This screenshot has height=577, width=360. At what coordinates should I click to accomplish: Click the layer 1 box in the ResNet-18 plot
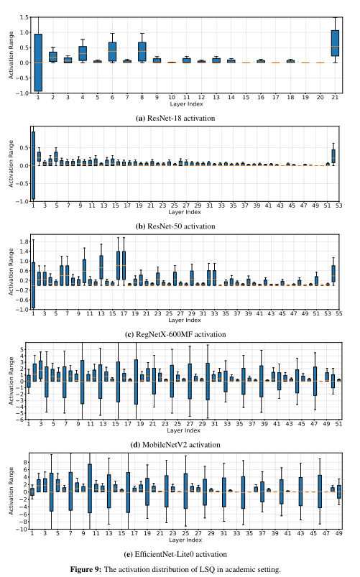coord(38,63)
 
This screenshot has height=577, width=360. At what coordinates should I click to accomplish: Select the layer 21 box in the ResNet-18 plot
coord(335,43)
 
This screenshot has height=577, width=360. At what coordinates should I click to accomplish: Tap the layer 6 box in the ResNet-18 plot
coord(112,51)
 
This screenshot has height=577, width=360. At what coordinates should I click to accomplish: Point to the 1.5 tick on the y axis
coord(24,17)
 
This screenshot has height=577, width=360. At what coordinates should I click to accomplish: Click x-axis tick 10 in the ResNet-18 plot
coord(172,96)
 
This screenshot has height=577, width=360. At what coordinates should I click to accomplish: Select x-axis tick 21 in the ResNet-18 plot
coord(335,96)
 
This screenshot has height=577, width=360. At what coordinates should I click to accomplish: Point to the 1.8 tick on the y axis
coord(24,241)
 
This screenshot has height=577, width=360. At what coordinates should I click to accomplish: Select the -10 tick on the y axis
coord(22,530)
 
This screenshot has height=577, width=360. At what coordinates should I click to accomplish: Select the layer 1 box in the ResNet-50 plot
coord(33,165)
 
